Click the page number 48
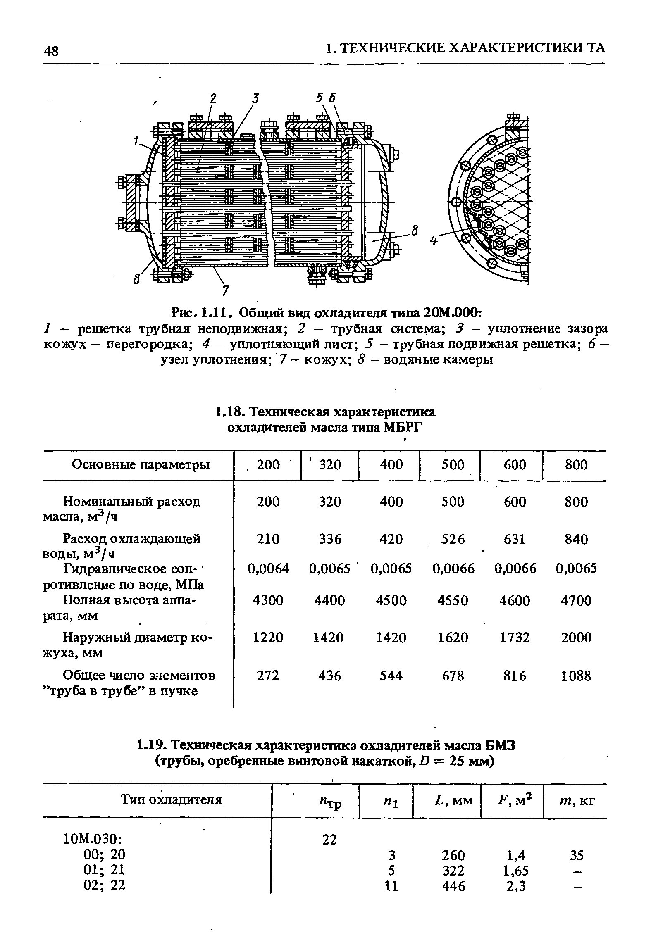[51, 51]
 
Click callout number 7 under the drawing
[225, 290]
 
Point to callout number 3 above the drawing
[256, 99]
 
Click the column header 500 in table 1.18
[453, 465]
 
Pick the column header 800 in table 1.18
[576, 465]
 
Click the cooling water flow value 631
[514, 539]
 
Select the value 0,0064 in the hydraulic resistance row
[268, 569]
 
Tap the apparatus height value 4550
[453, 600]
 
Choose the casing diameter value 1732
[514, 638]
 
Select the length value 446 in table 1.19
[453, 885]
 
